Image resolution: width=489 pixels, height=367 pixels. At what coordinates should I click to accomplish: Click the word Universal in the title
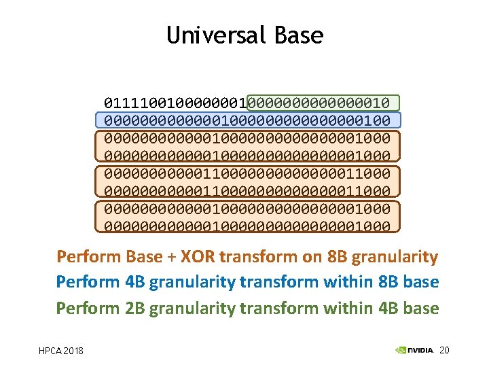click(209, 35)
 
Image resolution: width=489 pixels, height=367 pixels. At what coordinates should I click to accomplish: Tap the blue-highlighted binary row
click(248, 121)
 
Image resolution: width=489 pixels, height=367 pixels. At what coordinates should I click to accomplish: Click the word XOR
click(209, 257)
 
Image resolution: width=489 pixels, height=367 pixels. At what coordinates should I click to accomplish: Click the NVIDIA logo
click(414, 350)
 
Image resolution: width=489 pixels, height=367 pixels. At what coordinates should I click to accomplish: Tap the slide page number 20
click(445, 350)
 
